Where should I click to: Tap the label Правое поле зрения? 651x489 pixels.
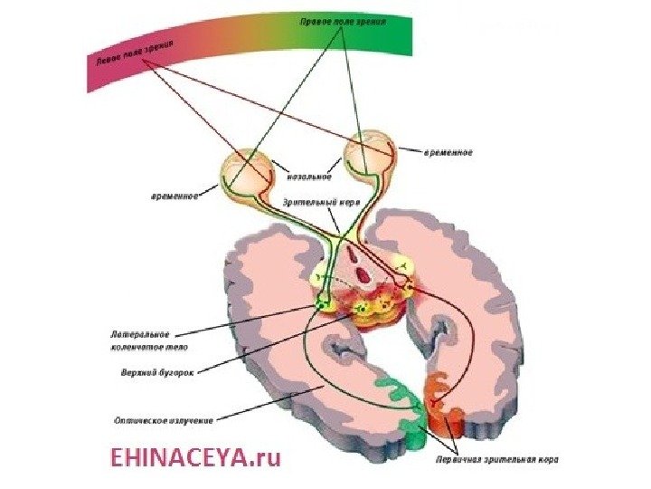click(344, 20)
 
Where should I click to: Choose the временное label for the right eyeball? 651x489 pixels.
click(448, 152)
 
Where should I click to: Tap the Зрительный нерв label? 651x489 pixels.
click(320, 203)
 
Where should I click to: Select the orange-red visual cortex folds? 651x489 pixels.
click(444, 407)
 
